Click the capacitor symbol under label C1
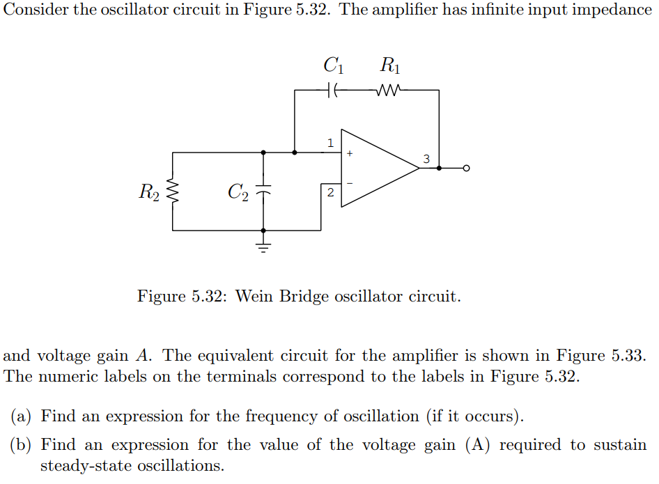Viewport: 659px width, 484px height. pyautogui.click(x=333, y=90)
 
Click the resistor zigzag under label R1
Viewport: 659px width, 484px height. pyautogui.click(x=387, y=90)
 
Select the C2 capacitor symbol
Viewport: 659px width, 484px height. pyautogui.click(x=263, y=190)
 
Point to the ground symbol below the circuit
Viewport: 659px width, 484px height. pyautogui.click(x=263, y=244)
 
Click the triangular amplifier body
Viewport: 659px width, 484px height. pyautogui.click(x=376, y=168)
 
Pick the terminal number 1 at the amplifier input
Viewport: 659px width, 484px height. pyautogui.click(x=330, y=143)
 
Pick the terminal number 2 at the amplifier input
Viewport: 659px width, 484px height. pyautogui.click(x=330, y=192)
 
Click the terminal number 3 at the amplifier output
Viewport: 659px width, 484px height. pyautogui.click(x=426, y=159)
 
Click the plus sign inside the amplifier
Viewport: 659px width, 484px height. pyautogui.click(x=350, y=153)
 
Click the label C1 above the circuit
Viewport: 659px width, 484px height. pyautogui.click(x=334, y=66)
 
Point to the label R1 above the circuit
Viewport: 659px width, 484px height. pyautogui.click(x=390, y=66)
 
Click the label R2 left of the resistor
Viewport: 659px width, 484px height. pyautogui.click(x=149, y=191)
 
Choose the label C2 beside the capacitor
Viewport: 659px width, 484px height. pyautogui.click(x=238, y=191)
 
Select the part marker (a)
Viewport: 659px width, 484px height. pyautogui.click(x=22, y=416)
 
